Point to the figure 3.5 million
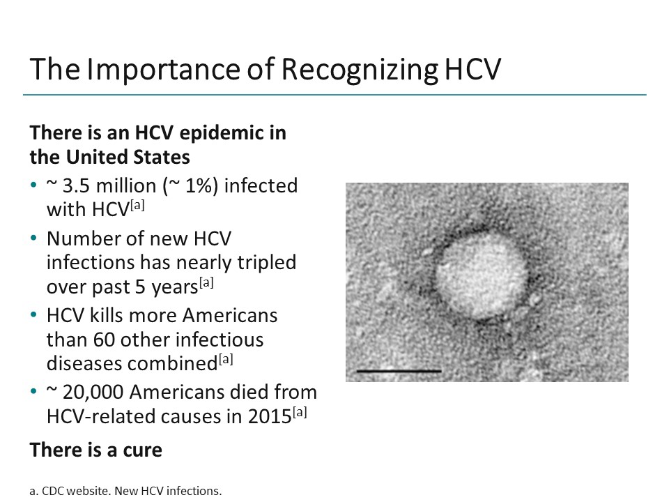pos(102,186)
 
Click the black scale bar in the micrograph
pos(399,371)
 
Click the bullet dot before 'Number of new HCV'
pos(34,239)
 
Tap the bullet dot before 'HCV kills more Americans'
pos(34,316)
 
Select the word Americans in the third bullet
pos(230,316)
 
